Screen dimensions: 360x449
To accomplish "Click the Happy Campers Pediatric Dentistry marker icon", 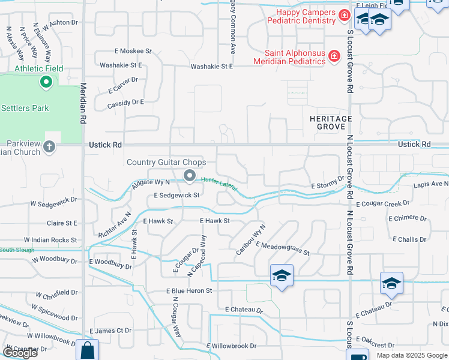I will pos(345,15).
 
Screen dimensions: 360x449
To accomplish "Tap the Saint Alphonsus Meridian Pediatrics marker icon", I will pos(334,56).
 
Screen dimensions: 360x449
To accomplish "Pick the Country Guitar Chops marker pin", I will pos(190,176).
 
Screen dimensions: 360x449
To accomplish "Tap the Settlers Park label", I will pos(25,108).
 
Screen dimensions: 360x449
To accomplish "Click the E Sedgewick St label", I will pos(176,195).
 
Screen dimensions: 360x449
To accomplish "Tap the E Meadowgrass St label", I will pos(282,248).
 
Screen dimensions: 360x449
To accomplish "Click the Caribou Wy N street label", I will pos(250,240).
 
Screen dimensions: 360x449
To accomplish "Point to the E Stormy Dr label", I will pos(328,183).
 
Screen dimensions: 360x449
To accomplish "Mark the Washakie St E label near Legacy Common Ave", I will pos(211,67).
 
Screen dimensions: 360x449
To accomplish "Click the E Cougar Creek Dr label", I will pos(382,204).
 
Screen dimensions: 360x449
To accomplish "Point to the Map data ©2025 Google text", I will pos(412,355).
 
